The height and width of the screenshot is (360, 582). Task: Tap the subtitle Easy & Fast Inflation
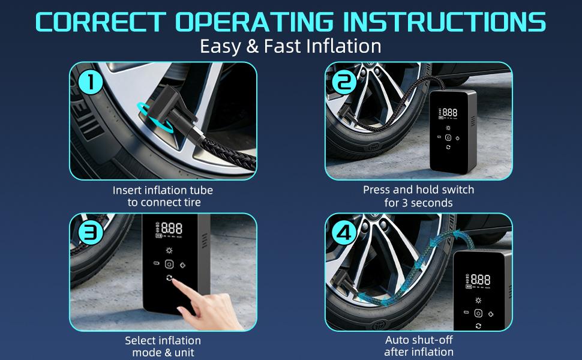291,46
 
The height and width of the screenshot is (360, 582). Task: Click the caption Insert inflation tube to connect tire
163,196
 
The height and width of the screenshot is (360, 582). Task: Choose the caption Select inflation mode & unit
163,347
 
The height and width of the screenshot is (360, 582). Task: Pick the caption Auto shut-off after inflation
418,346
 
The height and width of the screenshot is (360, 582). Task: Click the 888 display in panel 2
449,112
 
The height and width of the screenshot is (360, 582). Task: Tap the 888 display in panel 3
171,229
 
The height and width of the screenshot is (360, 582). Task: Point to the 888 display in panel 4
480,280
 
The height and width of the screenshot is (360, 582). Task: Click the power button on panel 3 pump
169,265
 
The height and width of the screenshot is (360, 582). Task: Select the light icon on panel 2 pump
448,127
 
